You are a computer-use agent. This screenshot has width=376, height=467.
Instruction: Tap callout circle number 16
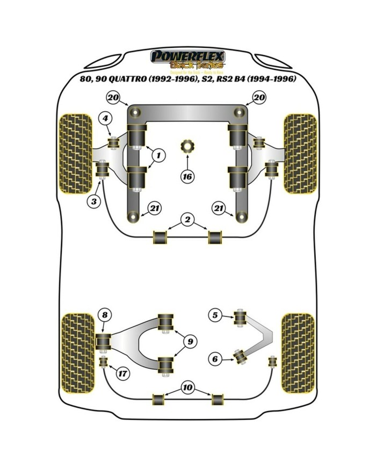click(x=187, y=175)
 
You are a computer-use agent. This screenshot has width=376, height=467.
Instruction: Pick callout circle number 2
click(x=187, y=219)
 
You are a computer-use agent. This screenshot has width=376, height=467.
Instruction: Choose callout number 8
click(x=105, y=315)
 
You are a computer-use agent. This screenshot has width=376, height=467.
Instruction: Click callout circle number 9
click(x=189, y=340)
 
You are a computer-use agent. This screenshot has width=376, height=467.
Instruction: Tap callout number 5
click(x=215, y=315)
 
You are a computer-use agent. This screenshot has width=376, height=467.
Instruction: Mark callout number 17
click(x=123, y=373)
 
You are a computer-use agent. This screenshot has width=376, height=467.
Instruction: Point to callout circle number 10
click(x=187, y=386)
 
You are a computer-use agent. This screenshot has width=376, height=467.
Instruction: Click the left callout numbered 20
click(x=112, y=97)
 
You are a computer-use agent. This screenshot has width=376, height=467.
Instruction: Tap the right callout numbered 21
click(x=219, y=208)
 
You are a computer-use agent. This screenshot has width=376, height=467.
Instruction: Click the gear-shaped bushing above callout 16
click(x=187, y=146)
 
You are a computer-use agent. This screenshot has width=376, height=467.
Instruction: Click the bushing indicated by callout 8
click(x=103, y=340)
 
